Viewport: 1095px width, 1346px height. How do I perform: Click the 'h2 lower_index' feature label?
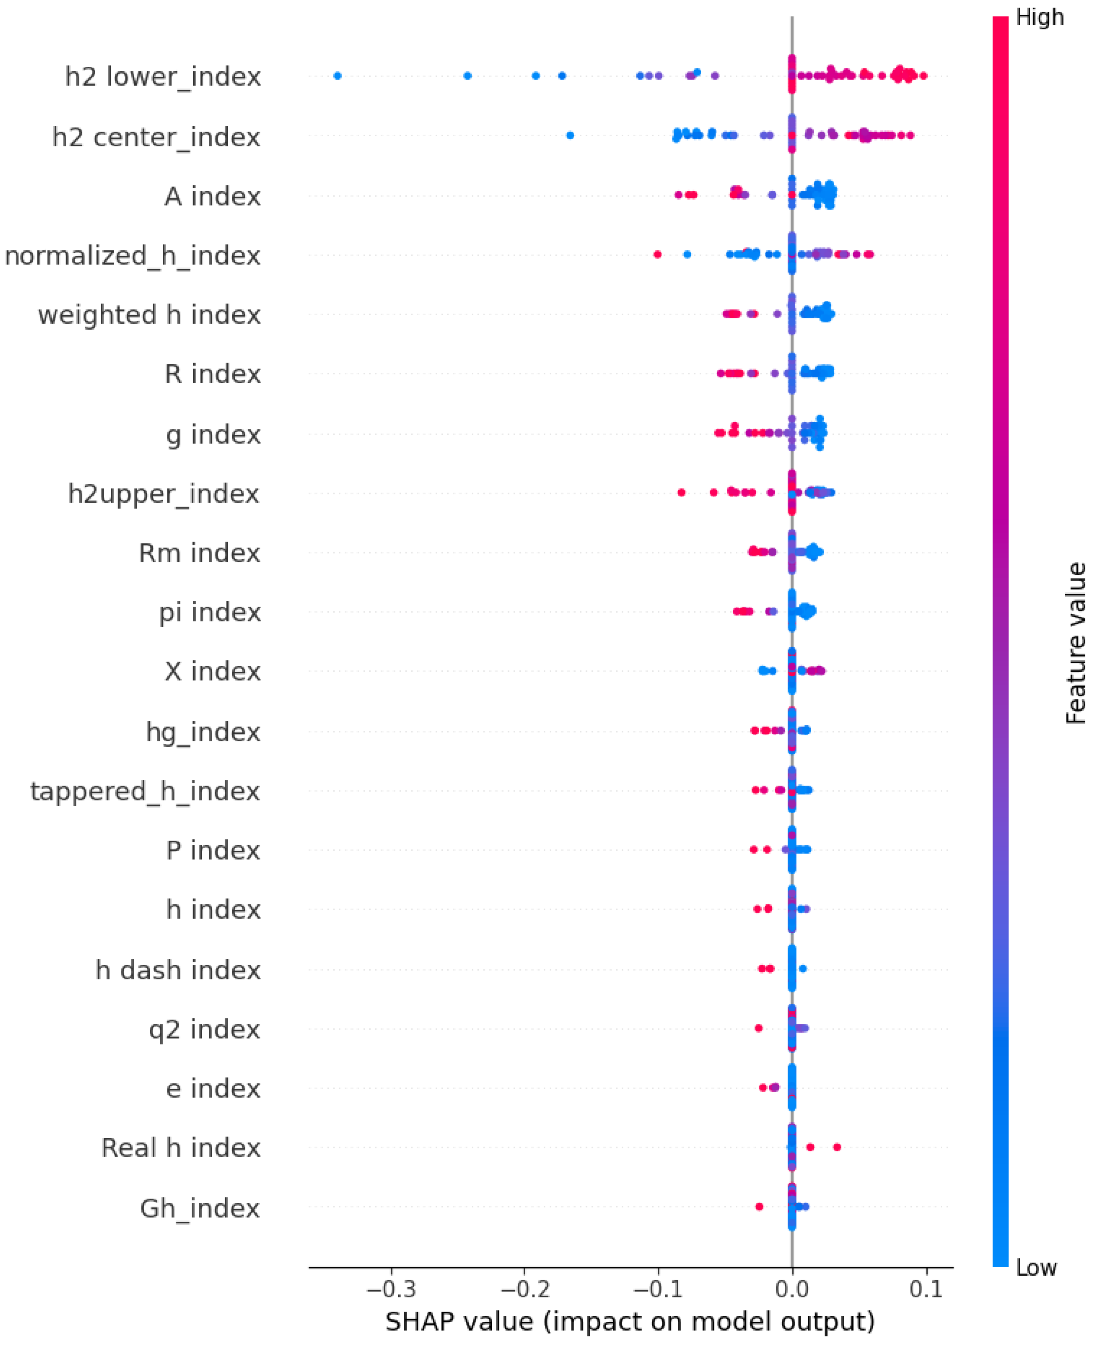click(163, 77)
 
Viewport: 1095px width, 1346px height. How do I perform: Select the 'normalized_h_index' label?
click(133, 256)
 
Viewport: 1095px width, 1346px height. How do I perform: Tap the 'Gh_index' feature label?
click(200, 1209)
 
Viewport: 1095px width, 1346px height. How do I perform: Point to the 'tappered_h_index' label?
click(145, 791)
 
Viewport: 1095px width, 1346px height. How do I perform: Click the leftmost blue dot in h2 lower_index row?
click(338, 76)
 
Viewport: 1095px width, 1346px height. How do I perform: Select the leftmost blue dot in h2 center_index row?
click(570, 135)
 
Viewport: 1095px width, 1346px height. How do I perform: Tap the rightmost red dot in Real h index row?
click(837, 1147)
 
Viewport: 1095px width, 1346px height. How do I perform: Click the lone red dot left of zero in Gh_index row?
click(759, 1206)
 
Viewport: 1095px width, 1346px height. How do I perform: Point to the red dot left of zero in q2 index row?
click(759, 1028)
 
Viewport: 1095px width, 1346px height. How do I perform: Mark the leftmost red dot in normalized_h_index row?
click(657, 254)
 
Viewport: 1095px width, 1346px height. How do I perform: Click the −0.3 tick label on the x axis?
click(391, 1289)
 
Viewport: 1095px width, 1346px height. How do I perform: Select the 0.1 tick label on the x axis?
click(926, 1289)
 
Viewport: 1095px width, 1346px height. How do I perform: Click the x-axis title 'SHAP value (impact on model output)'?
click(630, 1321)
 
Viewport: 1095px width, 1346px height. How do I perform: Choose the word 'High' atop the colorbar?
click(1040, 18)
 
